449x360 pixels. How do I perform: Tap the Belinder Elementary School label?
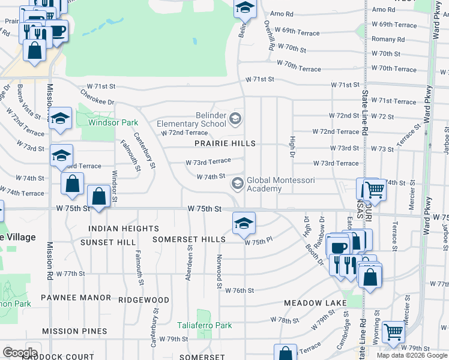pos(191,119)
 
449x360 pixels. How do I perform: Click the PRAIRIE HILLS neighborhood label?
pos(224,143)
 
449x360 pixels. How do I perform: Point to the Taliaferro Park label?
pos(204,326)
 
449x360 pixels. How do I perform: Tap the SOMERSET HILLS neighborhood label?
pos(189,239)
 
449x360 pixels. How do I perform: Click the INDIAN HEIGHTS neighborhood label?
pos(124,229)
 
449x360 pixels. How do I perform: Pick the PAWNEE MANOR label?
pos(76,298)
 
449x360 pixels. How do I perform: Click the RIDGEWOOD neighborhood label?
pos(143,299)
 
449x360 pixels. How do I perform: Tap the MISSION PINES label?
pos(74,331)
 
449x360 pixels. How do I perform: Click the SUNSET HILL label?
pos(113,242)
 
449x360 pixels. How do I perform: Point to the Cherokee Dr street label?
pos(97,98)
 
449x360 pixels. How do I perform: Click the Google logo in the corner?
pos(20,353)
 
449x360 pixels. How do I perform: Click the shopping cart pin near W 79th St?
pos(394,331)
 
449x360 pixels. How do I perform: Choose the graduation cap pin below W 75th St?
pos(244,223)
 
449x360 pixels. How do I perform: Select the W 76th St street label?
pos(240,290)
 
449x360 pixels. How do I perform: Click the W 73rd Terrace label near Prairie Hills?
pos(208,161)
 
